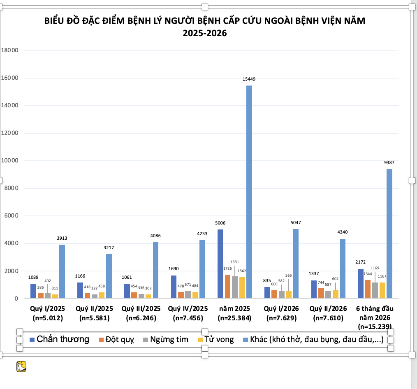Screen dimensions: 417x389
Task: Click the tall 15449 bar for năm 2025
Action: [x=249, y=192]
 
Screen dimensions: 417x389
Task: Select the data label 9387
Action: [x=389, y=162]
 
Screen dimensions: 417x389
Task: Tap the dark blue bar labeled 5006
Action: [x=220, y=264]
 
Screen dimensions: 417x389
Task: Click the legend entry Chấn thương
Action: [x=59, y=339]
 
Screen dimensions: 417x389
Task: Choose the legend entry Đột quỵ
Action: [x=116, y=340]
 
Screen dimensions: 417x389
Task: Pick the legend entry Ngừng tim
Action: [x=166, y=340]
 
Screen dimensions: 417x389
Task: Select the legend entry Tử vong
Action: [x=216, y=340]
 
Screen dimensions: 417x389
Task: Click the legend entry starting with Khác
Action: [x=313, y=340]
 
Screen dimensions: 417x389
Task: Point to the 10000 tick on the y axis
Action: [x=9, y=161]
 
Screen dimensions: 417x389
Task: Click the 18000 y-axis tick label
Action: [x=9, y=50]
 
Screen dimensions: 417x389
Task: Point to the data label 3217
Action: [x=109, y=248]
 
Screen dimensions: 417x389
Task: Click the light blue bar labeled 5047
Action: [x=296, y=264]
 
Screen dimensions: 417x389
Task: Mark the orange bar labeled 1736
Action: [x=227, y=286]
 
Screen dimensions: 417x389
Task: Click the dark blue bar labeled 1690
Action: [x=174, y=287]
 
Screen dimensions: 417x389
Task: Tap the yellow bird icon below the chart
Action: [x=21, y=366]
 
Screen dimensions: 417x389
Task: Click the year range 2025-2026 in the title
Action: [x=205, y=33]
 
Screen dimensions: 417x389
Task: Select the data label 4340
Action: [x=343, y=232]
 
